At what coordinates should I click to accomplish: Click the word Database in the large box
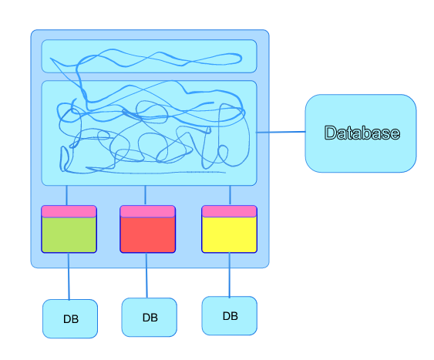[x=362, y=133]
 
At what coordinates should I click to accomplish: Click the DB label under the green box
[x=71, y=319]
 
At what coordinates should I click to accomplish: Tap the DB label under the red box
[x=150, y=318]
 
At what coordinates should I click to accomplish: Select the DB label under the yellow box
[x=230, y=316]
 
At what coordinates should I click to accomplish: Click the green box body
[x=69, y=234]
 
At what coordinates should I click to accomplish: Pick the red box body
[x=147, y=234]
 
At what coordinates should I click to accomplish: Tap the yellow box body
[x=230, y=234]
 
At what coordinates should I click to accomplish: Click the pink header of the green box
[x=69, y=211]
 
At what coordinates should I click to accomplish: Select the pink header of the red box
[x=147, y=211]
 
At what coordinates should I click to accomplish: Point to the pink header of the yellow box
[x=230, y=211]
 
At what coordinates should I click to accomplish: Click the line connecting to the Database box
[x=281, y=132]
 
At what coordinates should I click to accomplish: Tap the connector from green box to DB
[x=69, y=276]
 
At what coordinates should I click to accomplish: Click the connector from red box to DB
[x=146, y=275]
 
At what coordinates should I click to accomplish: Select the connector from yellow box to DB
[x=230, y=274]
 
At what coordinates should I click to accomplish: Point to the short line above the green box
[x=67, y=195]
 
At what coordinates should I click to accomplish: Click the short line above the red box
[x=146, y=195]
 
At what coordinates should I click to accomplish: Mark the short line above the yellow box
[x=230, y=195]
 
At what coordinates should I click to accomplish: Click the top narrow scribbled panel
[x=150, y=56]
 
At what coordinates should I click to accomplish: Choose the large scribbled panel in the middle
[x=150, y=133]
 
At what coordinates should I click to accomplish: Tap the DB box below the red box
[x=150, y=318]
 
